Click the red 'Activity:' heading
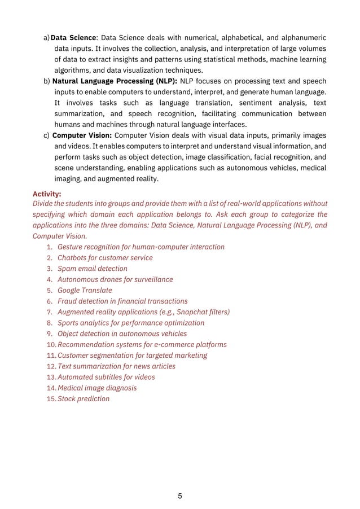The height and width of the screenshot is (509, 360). pyautogui.click(x=47, y=192)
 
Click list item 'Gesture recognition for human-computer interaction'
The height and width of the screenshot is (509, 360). pyautogui.click(x=141, y=247)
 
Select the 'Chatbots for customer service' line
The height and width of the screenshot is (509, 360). pyautogui.click(x=105, y=258)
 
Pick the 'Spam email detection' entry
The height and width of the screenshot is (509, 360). pyautogui.click(x=93, y=269)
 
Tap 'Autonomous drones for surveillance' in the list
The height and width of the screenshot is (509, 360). pyautogui.click(x=115, y=279)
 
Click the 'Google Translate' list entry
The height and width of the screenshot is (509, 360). pyautogui.click(x=85, y=290)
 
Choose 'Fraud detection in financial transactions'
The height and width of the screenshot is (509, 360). pyautogui.click(x=122, y=301)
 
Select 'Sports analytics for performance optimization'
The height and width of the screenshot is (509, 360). pyautogui.click(x=131, y=323)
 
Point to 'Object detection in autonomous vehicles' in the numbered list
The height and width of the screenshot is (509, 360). pyautogui.click(x=122, y=334)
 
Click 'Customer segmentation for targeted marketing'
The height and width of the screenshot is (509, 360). pyautogui.click(x=132, y=356)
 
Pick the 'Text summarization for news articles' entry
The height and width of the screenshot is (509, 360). pyautogui.click(x=116, y=366)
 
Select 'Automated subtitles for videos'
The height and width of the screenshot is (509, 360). pyautogui.click(x=106, y=377)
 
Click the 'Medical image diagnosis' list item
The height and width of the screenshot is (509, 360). pyautogui.click(x=97, y=388)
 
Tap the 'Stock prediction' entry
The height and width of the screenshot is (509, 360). pyautogui.click(x=84, y=399)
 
